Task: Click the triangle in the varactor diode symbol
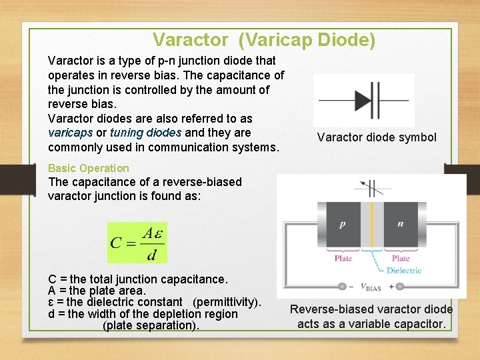click(x=363, y=100)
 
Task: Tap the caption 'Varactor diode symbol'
click(x=377, y=137)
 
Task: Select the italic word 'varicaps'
click(x=70, y=133)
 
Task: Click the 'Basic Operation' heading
click(x=89, y=168)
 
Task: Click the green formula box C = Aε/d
click(x=137, y=243)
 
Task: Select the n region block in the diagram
click(x=400, y=225)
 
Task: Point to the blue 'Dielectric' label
click(x=404, y=271)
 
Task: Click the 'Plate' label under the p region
click(x=343, y=259)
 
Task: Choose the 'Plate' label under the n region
click(x=401, y=259)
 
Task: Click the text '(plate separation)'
click(x=151, y=325)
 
